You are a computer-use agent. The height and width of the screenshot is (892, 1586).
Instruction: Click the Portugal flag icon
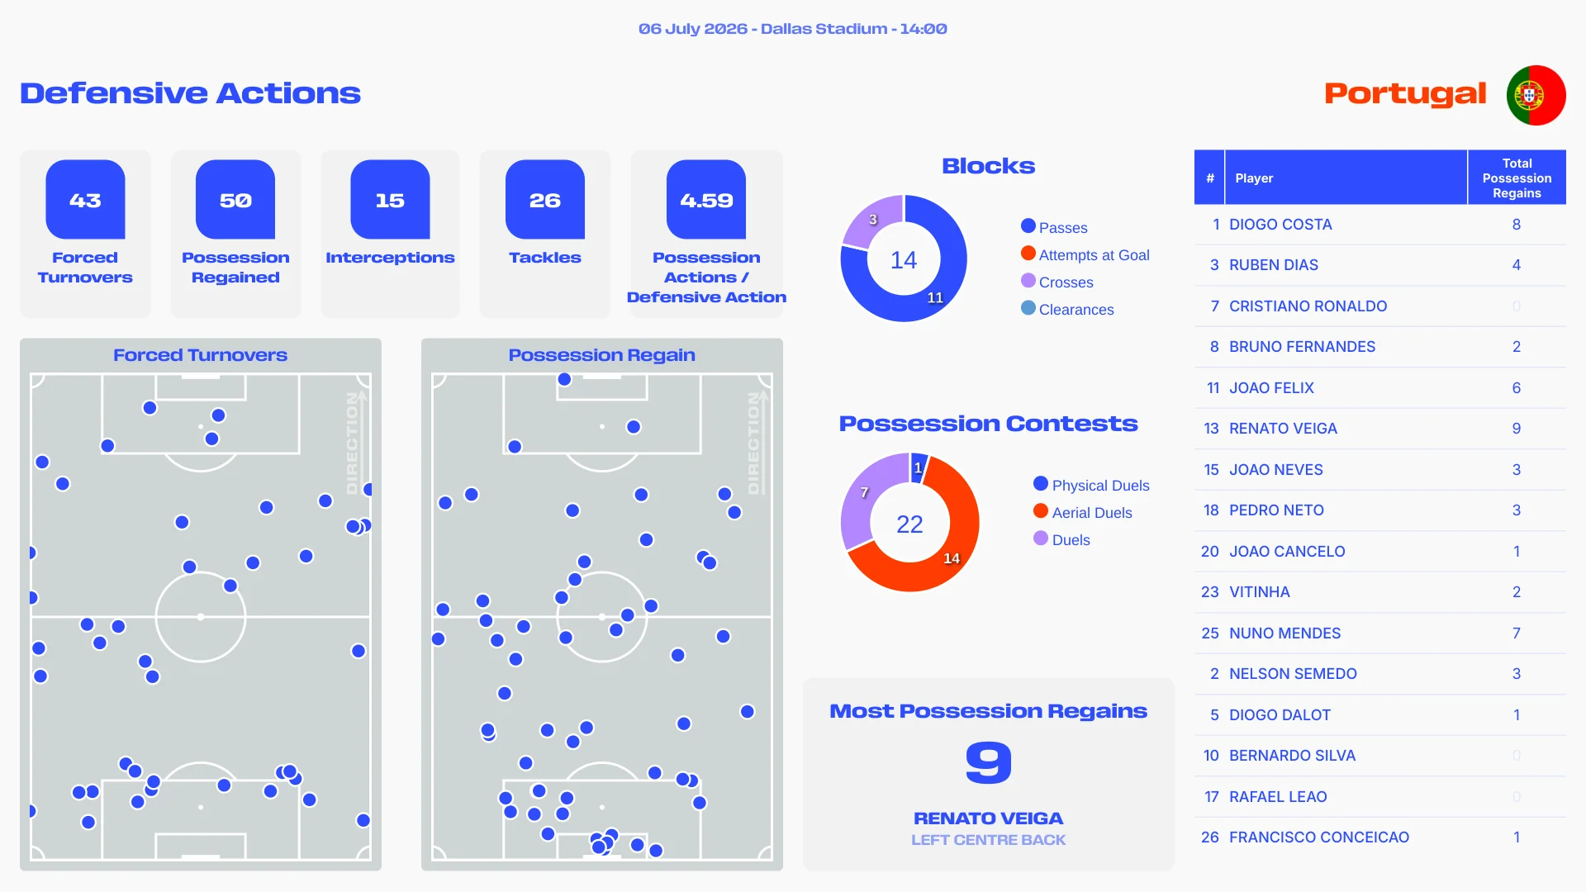coord(1536,95)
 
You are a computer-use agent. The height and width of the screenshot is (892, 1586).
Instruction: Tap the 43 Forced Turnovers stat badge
coord(85,200)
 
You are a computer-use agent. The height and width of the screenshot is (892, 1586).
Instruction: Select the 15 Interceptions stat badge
coord(390,200)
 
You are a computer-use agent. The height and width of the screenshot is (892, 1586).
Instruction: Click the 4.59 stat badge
coord(706,200)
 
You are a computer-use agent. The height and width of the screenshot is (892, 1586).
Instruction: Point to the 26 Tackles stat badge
coord(545,200)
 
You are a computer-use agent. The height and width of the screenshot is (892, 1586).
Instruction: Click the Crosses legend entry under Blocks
coord(1057,282)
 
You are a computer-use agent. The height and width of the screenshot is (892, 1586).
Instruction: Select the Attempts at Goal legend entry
coord(1085,254)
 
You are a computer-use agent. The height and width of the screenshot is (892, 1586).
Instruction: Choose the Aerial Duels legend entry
coord(1083,512)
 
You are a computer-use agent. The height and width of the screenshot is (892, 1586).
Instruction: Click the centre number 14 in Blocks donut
coord(904,260)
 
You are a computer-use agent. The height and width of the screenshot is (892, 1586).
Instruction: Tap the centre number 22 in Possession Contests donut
coord(909,524)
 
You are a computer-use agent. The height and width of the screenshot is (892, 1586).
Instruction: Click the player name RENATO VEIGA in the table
coord(1283,429)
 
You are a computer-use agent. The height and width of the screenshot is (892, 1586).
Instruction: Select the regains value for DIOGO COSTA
coord(1517,225)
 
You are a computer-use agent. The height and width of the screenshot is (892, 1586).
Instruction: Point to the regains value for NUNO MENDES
coord(1517,633)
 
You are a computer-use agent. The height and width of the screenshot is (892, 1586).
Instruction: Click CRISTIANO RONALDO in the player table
coord(1308,306)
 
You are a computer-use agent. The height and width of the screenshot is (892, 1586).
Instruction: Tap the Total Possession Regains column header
coord(1517,178)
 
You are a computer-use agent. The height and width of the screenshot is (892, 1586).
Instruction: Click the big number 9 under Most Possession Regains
coord(989,762)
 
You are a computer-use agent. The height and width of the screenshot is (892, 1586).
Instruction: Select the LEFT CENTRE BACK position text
coord(989,840)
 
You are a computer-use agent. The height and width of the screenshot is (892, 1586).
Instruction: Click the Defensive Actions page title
coord(190,93)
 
